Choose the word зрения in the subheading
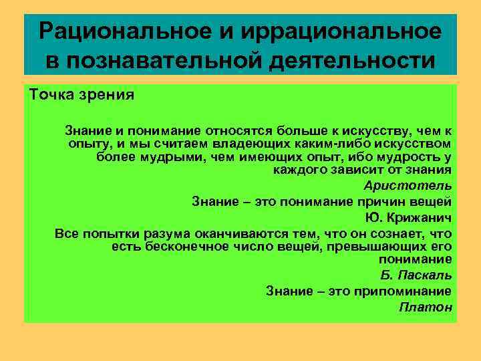108,94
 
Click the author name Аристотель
408,186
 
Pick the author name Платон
426,307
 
